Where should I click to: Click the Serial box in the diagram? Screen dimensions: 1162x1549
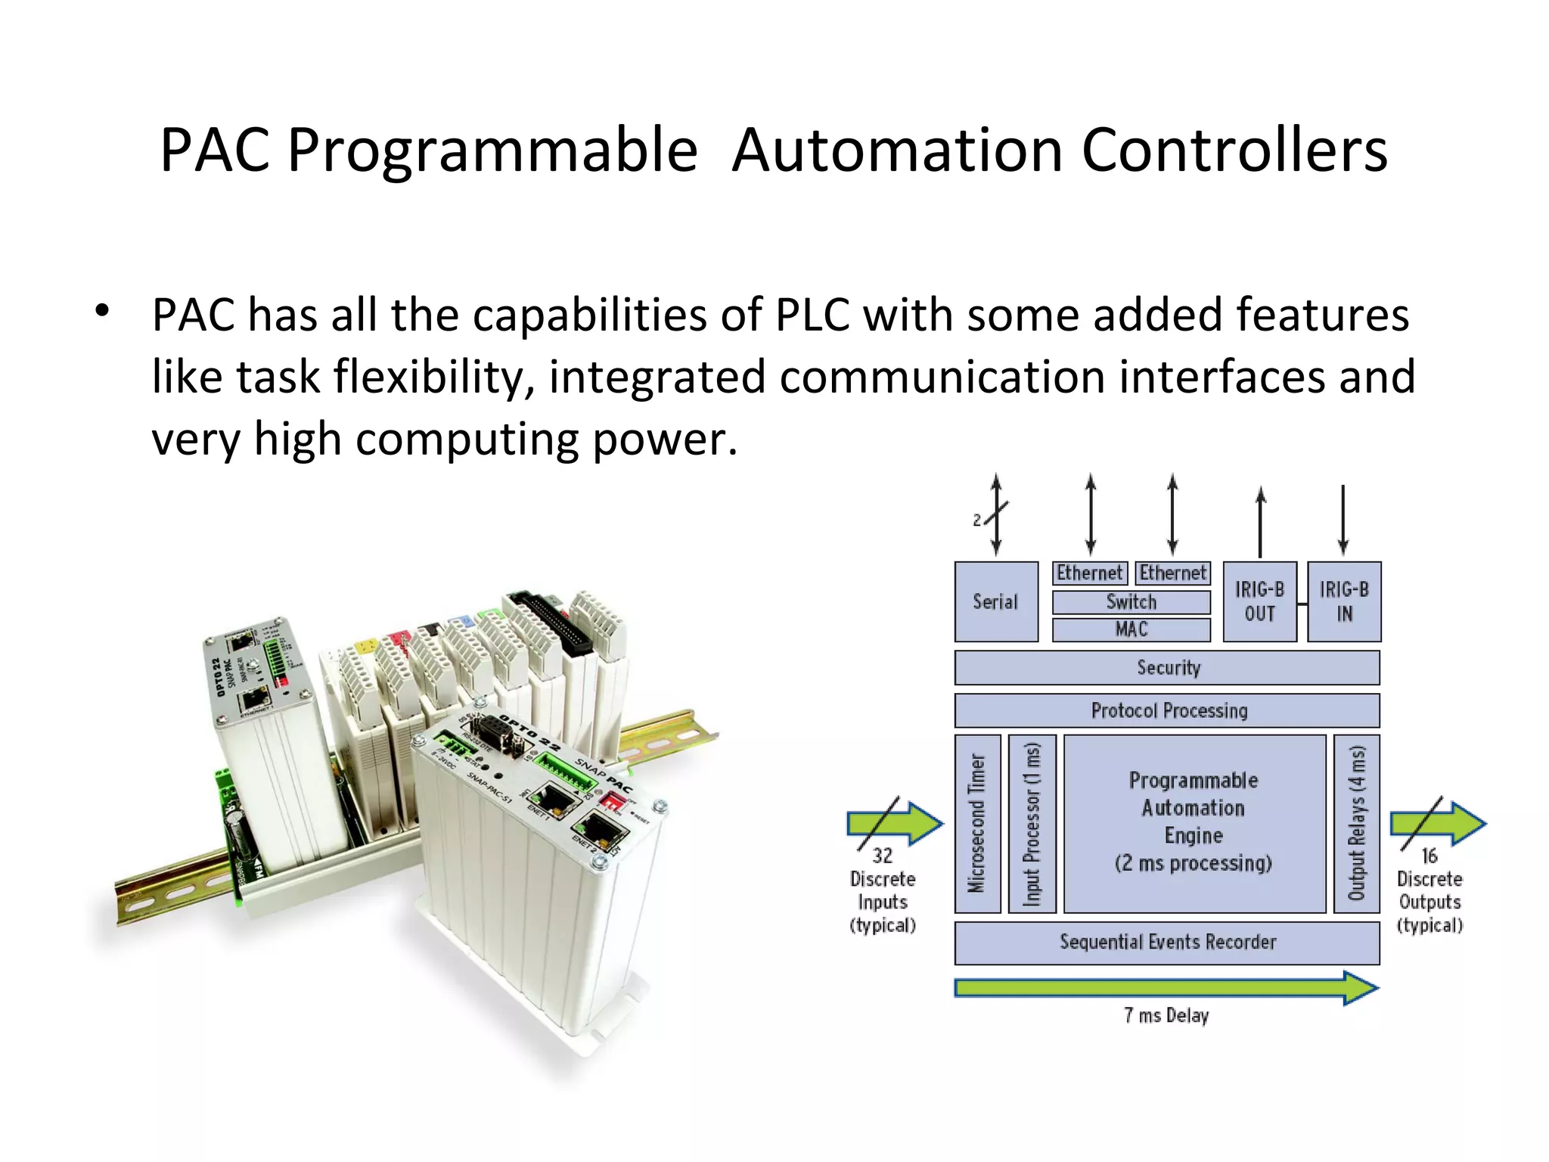(995, 601)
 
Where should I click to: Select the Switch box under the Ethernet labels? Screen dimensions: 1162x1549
(1131, 602)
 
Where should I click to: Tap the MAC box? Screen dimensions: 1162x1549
(1131, 629)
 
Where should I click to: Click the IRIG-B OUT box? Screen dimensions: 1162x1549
(1259, 601)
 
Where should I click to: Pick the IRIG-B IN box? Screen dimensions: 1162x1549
(1344, 601)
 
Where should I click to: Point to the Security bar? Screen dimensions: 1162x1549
(1167, 667)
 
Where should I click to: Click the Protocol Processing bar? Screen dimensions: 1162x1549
(1167, 710)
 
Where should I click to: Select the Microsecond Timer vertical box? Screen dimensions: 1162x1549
(977, 823)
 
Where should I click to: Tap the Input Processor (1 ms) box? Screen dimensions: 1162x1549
(1032, 823)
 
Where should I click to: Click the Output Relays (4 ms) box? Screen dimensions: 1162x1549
(1356, 823)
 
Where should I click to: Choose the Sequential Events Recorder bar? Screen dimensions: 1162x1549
(1167, 942)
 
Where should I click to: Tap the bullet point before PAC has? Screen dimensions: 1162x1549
(103, 310)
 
